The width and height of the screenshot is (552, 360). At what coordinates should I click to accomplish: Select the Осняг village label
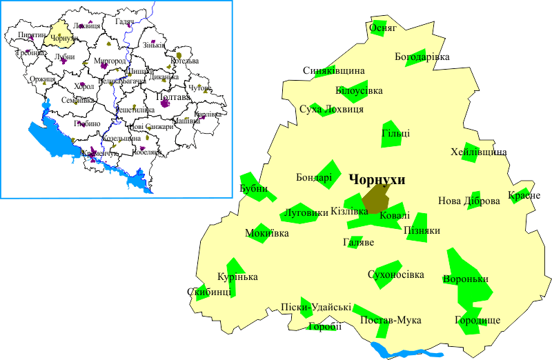384,29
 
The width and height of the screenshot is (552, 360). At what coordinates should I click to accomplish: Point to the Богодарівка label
422,56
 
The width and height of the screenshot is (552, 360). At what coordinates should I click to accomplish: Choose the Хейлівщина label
479,152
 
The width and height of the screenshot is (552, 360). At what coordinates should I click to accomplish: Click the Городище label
477,321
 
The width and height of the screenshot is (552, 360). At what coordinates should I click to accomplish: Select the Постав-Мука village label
391,320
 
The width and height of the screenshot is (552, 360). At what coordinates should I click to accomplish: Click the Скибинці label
204,292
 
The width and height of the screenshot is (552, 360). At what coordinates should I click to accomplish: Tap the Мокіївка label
267,233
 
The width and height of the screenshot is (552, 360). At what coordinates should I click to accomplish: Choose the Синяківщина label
333,71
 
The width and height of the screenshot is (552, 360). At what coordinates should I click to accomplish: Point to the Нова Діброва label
469,202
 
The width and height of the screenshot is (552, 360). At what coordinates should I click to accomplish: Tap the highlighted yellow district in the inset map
57,34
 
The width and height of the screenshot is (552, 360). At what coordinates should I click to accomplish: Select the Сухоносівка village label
396,275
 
